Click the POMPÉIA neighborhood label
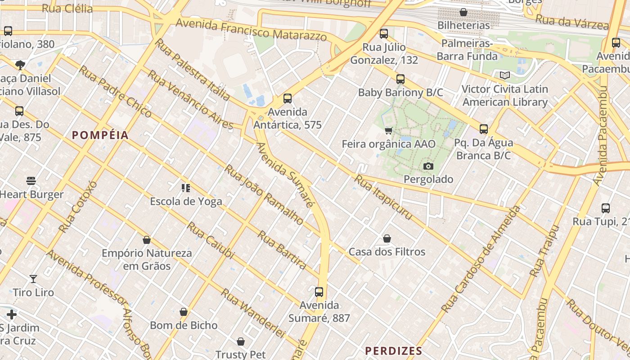coord(100,135)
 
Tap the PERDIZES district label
coord(393,351)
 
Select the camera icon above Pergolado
coord(428,166)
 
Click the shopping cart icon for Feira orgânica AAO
coord(388,131)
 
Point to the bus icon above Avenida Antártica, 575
coord(288,99)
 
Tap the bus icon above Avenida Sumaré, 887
coord(319,292)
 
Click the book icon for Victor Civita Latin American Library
coord(505,76)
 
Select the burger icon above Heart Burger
coord(31,181)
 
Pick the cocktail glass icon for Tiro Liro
coord(33,279)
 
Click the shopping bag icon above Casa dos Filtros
coord(387,238)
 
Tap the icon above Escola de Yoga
coord(186,188)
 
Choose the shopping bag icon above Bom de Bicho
coord(184,312)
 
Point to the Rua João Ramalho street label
coord(264,194)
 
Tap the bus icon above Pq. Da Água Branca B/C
coord(484,130)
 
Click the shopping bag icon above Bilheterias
coord(463,12)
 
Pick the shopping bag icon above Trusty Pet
coord(241,342)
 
